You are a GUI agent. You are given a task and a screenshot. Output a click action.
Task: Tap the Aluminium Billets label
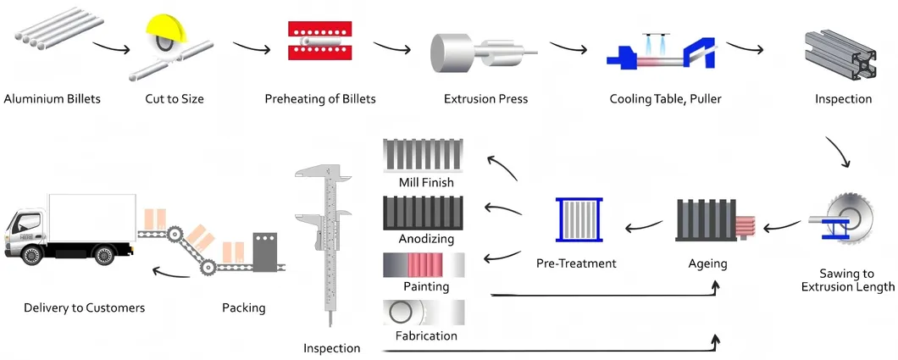click(52, 99)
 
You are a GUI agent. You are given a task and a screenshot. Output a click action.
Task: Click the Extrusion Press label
click(485, 99)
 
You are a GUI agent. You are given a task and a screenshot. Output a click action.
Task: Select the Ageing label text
click(707, 263)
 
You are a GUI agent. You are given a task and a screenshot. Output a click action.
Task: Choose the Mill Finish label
click(426, 182)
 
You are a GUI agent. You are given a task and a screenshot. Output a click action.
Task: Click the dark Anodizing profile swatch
click(424, 211)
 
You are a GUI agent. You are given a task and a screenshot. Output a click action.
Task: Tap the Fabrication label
click(426, 335)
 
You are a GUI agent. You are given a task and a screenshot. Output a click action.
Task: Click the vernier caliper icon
click(325, 245)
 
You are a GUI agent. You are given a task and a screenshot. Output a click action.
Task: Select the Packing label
click(243, 307)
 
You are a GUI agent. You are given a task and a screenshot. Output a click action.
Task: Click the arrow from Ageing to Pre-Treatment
click(643, 225)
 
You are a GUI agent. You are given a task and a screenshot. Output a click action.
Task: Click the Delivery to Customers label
click(84, 307)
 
